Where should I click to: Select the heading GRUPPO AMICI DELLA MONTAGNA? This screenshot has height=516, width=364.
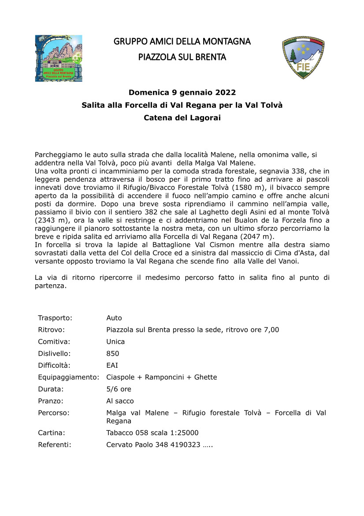pos(182,41)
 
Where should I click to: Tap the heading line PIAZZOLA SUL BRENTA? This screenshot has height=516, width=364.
pos(182,57)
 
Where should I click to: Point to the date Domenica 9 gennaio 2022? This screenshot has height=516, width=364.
pos(182,93)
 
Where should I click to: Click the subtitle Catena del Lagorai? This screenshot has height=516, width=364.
pos(182,118)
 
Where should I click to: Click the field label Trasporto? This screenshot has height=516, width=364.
pos(55,318)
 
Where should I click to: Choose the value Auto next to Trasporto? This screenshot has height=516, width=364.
pos(114,318)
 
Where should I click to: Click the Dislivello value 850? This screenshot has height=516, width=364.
pos(113,354)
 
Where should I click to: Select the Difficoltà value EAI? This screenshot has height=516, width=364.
pos(112,365)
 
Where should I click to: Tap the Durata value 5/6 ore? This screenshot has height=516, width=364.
pos(119,389)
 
